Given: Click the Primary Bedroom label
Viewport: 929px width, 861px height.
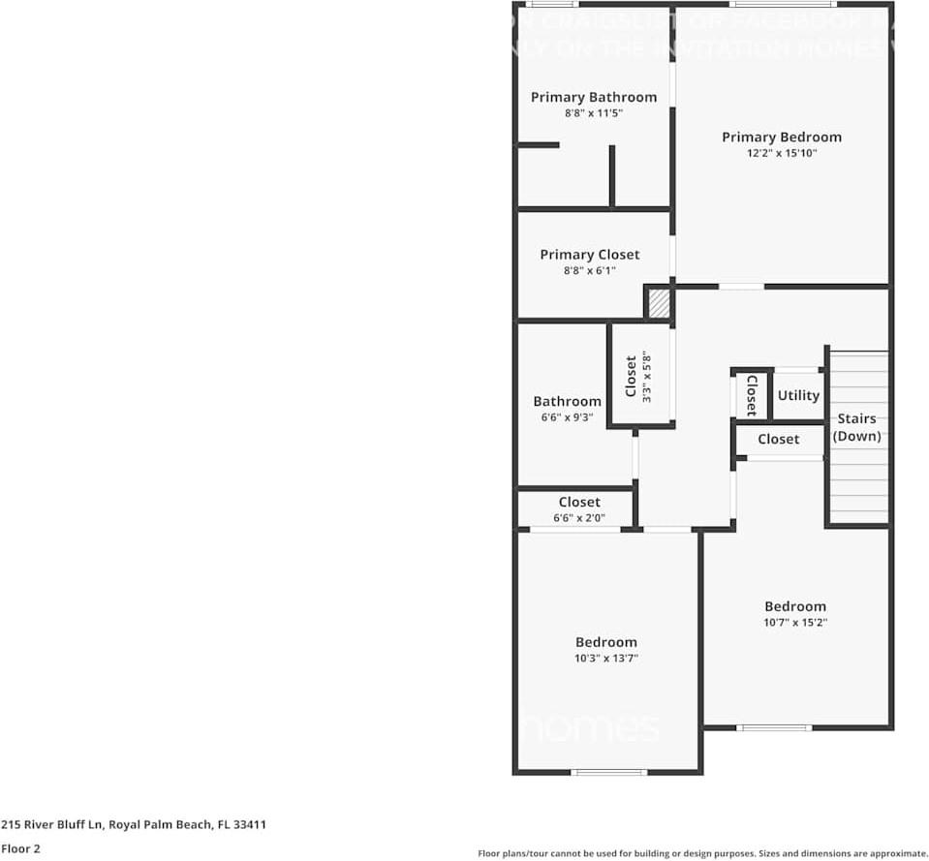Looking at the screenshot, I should coord(781,138).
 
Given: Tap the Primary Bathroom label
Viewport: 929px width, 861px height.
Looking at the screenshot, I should coord(593,97).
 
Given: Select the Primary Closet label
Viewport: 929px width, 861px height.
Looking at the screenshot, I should coord(589,255).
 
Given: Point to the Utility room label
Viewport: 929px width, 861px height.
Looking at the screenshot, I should coord(798,395).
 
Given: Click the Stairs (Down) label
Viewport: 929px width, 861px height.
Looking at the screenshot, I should coord(856,427).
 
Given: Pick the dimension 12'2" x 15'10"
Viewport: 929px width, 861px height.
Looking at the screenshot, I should coord(781,153).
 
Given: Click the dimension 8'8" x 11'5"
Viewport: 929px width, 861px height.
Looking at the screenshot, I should coord(593,113).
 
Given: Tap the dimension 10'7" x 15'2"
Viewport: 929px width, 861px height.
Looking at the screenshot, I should coord(794,623).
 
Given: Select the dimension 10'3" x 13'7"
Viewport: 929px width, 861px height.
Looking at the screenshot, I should coord(606,659).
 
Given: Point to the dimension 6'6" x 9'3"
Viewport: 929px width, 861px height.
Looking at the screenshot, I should coord(567,417).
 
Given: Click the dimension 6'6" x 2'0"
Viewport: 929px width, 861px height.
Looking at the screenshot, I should coord(578,518).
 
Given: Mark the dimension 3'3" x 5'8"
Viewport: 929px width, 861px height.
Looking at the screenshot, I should coord(648,376).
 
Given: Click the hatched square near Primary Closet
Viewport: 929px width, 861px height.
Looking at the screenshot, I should coord(659,302).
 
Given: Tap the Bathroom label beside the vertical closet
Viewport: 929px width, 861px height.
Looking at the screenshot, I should coord(567,401).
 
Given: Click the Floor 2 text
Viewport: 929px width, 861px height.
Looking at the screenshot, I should coord(20,848).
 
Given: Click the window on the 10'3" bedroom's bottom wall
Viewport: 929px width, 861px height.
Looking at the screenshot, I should coord(608,772).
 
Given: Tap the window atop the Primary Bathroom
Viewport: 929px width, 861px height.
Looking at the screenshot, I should coord(558,5).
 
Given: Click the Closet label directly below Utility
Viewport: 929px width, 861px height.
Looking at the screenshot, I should coord(778,440).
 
